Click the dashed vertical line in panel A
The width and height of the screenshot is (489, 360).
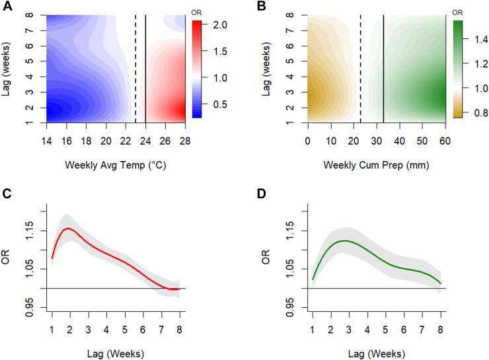[x=135, y=66]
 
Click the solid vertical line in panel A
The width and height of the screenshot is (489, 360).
[x=145, y=66]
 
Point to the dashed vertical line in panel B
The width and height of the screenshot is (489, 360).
[x=360, y=66]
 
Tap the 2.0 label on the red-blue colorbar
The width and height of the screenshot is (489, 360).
[x=221, y=25]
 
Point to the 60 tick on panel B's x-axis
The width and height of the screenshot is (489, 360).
[x=445, y=141]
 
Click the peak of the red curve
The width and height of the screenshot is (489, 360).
[x=67, y=229]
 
